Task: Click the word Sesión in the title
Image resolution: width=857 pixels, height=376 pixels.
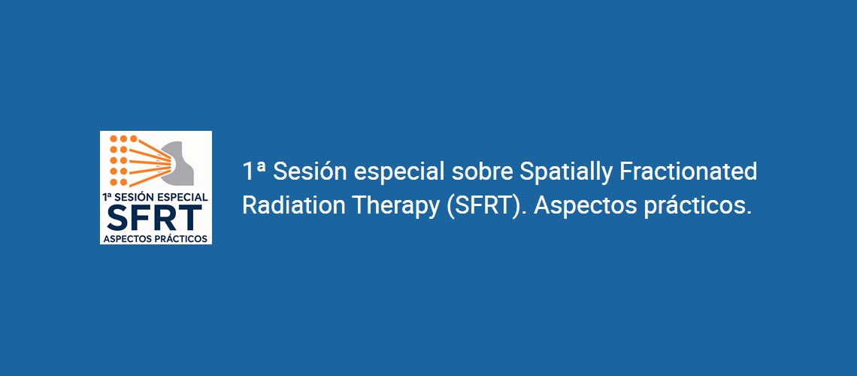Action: click(x=310, y=171)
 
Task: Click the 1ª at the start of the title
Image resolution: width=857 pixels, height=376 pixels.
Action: click(x=254, y=171)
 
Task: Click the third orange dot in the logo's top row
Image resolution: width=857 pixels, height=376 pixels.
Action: click(x=133, y=139)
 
